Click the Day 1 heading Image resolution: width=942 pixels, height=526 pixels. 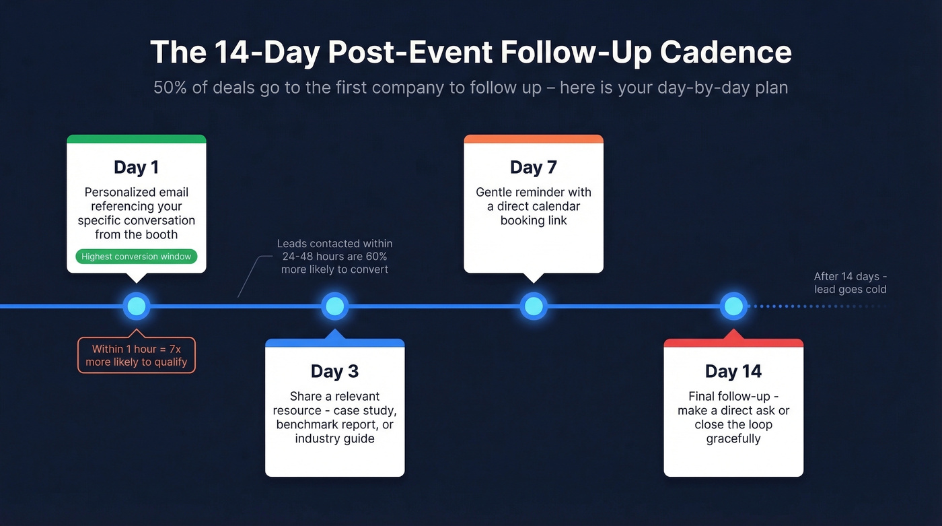click(136, 167)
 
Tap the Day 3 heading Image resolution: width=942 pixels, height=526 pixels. click(334, 371)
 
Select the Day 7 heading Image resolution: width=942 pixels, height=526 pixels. click(533, 167)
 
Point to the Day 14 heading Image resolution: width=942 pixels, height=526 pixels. click(733, 371)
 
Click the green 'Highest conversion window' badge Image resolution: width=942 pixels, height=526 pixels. click(136, 257)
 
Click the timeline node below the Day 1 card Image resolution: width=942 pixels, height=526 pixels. click(136, 306)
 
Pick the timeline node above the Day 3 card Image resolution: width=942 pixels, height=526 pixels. click(334, 306)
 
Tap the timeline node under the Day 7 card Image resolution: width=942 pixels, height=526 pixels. click(533, 306)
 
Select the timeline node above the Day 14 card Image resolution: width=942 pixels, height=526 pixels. click(733, 306)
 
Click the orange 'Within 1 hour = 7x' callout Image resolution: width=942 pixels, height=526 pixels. click(136, 356)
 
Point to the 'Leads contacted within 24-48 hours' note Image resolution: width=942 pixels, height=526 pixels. click(334, 256)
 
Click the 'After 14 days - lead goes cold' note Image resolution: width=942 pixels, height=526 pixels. click(850, 283)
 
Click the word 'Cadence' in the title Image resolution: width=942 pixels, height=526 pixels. click(725, 53)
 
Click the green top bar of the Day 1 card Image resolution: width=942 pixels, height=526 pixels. click(136, 139)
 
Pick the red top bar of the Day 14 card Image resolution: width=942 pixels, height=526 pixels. click(733, 343)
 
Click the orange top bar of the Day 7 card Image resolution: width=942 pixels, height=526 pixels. click(533, 139)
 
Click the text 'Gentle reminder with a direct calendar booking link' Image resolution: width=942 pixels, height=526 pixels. click(533, 206)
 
